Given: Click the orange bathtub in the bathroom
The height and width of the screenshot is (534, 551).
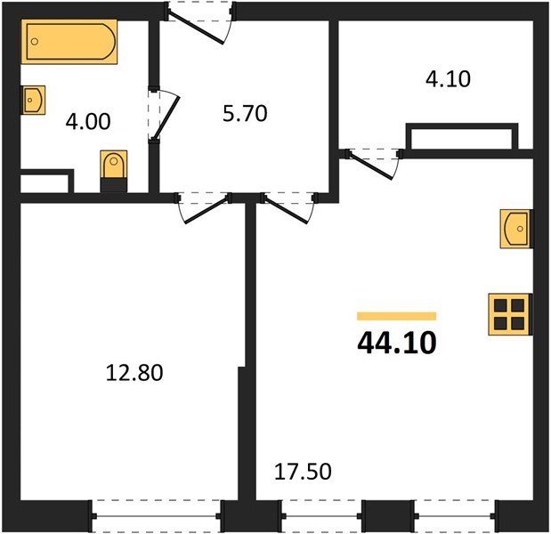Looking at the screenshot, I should click(70, 43).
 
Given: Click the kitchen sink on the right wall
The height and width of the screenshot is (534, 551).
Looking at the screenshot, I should click(515, 230).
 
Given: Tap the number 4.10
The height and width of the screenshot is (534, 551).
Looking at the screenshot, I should click(447, 78).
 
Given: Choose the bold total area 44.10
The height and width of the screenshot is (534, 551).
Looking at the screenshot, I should click(397, 342).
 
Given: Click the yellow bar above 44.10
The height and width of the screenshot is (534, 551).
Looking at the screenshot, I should click(396, 316).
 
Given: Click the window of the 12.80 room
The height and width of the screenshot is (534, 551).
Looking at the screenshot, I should click(157, 515).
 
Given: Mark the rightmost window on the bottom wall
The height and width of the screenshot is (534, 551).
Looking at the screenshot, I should click(453, 515).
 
